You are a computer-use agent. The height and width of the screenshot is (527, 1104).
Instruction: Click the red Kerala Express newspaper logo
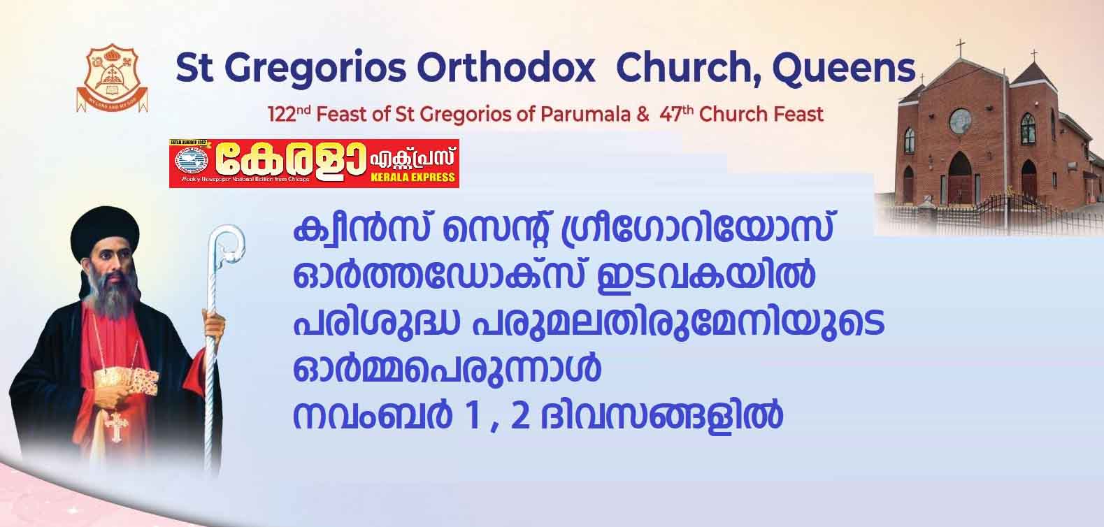(x=314, y=164)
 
